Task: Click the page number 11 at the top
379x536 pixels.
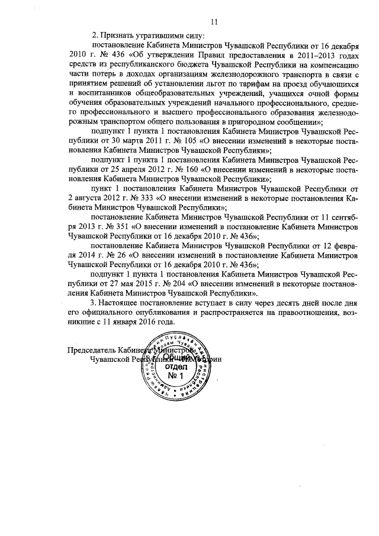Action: [x=214, y=23]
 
